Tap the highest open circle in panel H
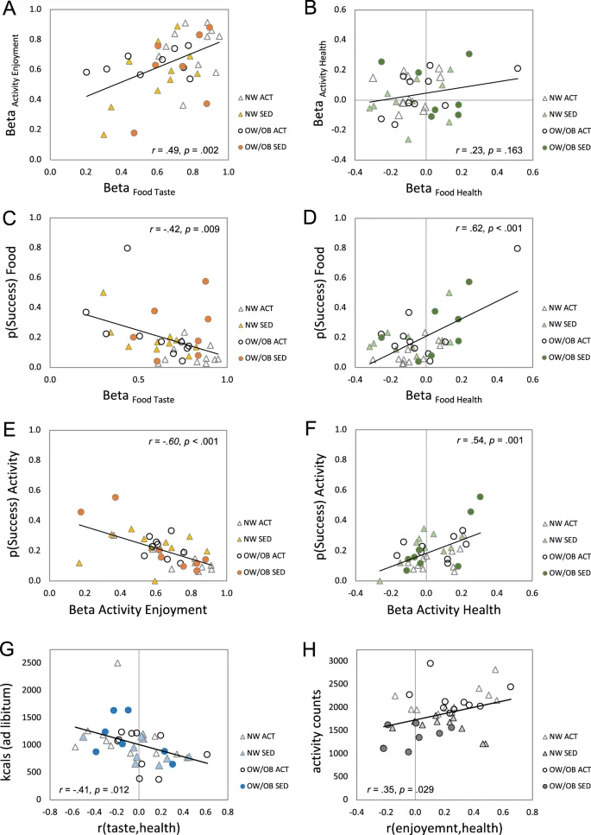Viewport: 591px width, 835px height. pyautogui.click(x=430, y=663)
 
